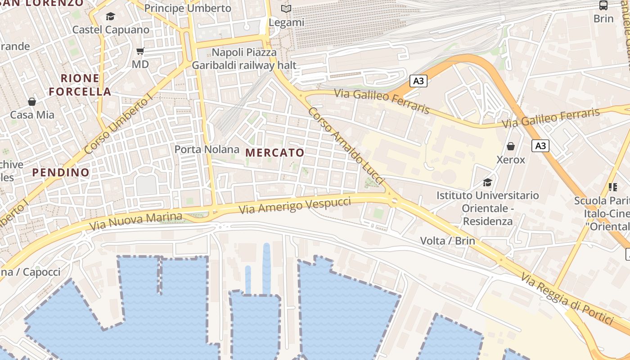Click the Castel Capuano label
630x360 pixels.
pyautogui.click(x=111, y=30)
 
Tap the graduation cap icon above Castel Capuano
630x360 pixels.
pyautogui.click(x=110, y=17)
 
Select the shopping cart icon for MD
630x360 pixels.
pyautogui.click(x=140, y=51)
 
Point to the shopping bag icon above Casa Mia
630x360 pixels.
pyautogui.click(x=32, y=102)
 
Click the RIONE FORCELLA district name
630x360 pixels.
pyautogui.click(x=80, y=85)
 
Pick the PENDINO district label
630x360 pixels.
pyautogui.click(x=61, y=172)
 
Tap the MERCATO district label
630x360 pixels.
pyautogui.click(x=275, y=153)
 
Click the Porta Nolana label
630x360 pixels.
pyautogui.click(x=207, y=149)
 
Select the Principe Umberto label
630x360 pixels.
pyautogui.click(x=188, y=8)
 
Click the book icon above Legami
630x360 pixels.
pyautogui.click(x=286, y=9)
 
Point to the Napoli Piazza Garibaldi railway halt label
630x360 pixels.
pyautogui.click(x=244, y=59)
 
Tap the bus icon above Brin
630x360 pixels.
pyautogui.click(x=603, y=5)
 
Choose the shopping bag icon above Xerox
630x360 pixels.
pyautogui.click(x=511, y=146)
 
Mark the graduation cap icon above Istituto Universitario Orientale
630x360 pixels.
pyautogui.click(x=487, y=182)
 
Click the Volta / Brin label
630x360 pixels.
pyautogui.click(x=447, y=241)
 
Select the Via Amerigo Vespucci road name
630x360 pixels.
pyautogui.click(x=294, y=205)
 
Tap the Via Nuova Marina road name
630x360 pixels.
pyautogui.click(x=135, y=221)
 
